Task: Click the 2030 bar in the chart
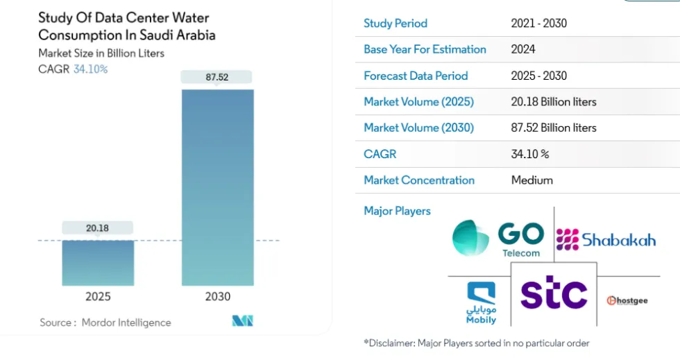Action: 217,187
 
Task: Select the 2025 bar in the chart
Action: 98,263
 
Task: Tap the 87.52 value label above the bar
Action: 217,77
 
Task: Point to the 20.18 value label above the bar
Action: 98,228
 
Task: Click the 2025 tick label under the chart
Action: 98,297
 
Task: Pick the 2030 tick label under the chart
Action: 217,297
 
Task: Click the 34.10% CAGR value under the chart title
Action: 90,69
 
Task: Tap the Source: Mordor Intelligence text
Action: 105,323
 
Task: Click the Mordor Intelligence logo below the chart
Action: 242,320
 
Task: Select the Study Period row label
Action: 396,24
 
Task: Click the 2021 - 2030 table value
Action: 539,24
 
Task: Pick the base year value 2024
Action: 523,50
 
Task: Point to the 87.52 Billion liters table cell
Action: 554,128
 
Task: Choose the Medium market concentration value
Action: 532,180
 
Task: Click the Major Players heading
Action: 397,211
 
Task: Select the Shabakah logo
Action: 606,240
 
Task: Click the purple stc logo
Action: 554,294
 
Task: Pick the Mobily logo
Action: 482,303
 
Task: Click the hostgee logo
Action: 627,300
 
